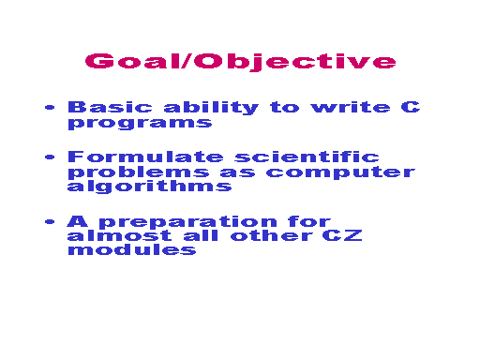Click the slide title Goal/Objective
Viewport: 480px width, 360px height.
pos(240,61)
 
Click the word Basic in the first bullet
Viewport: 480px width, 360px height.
pos(110,107)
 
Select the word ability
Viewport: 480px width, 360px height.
pos(211,108)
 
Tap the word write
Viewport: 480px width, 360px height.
pos(351,107)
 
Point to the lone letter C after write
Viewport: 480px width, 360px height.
pos(411,107)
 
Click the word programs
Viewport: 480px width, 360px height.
pos(140,123)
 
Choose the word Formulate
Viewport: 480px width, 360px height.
pos(145,157)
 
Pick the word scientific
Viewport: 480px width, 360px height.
pos(307,157)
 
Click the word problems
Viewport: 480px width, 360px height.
pos(139,172)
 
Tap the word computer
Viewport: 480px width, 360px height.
pos(340,172)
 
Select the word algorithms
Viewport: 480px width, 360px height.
pos(149,187)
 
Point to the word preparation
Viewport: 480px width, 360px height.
pos(188,222)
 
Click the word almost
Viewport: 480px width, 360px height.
pos(119,235)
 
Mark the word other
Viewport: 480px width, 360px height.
pos(272,235)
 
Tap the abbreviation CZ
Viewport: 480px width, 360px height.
pos(342,235)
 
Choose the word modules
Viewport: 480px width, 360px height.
pos(132,249)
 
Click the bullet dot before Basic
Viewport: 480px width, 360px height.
pos(50,108)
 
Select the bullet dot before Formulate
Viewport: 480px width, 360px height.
pos(50,157)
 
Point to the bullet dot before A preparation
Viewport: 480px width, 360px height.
pos(50,222)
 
